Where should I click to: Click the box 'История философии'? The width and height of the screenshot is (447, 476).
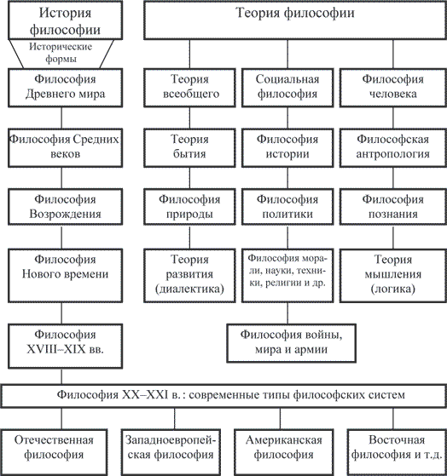pyautogui.click(x=65, y=20)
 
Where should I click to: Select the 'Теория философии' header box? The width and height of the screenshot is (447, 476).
pyautogui.click(x=295, y=20)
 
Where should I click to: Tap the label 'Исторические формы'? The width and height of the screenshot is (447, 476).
pyautogui.click(x=61, y=53)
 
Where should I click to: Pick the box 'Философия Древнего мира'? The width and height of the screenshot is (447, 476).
pyautogui.click(x=65, y=88)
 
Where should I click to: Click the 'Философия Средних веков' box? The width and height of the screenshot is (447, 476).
pyautogui.click(x=65, y=148)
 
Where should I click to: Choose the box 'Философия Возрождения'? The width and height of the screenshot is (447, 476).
pyautogui.click(x=65, y=207)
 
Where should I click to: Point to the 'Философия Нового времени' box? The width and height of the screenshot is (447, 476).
pyautogui.click(x=65, y=276)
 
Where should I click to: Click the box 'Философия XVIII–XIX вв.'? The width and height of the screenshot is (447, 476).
pyautogui.click(x=65, y=347)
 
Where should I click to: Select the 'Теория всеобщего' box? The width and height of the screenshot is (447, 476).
pyautogui.click(x=189, y=88)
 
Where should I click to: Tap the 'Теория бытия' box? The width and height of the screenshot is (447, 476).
pyautogui.click(x=189, y=148)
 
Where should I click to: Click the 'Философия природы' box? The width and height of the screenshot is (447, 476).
pyautogui.click(x=189, y=207)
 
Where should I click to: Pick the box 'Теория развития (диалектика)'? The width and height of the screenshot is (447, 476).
pyautogui.click(x=189, y=276)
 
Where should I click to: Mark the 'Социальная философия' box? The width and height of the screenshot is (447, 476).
pyautogui.click(x=287, y=88)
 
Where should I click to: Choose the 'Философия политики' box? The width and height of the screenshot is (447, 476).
pyautogui.click(x=287, y=207)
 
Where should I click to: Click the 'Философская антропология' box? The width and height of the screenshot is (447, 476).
pyautogui.click(x=393, y=148)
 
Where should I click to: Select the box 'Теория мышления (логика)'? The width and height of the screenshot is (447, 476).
pyautogui.click(x=393, y=276)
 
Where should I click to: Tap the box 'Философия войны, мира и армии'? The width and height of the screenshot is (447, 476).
pyautogui.click(x=291, y=343)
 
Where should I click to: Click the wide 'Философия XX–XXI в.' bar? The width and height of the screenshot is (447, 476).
pyautogui.click(x=223, y=396)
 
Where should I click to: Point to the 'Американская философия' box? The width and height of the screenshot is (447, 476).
pyautogui.click(x=284, y=452)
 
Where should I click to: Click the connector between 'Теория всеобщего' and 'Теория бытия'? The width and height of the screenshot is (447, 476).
pyautogui.click(x=189, y=118)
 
